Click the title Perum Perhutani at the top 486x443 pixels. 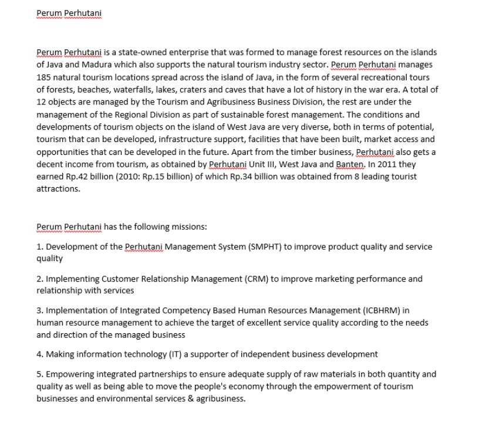[x=69, y=12]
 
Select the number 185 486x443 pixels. [x=44, y=77]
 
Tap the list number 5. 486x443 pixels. [x=39, y=374]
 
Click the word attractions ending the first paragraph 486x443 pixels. [x=58, y=189]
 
